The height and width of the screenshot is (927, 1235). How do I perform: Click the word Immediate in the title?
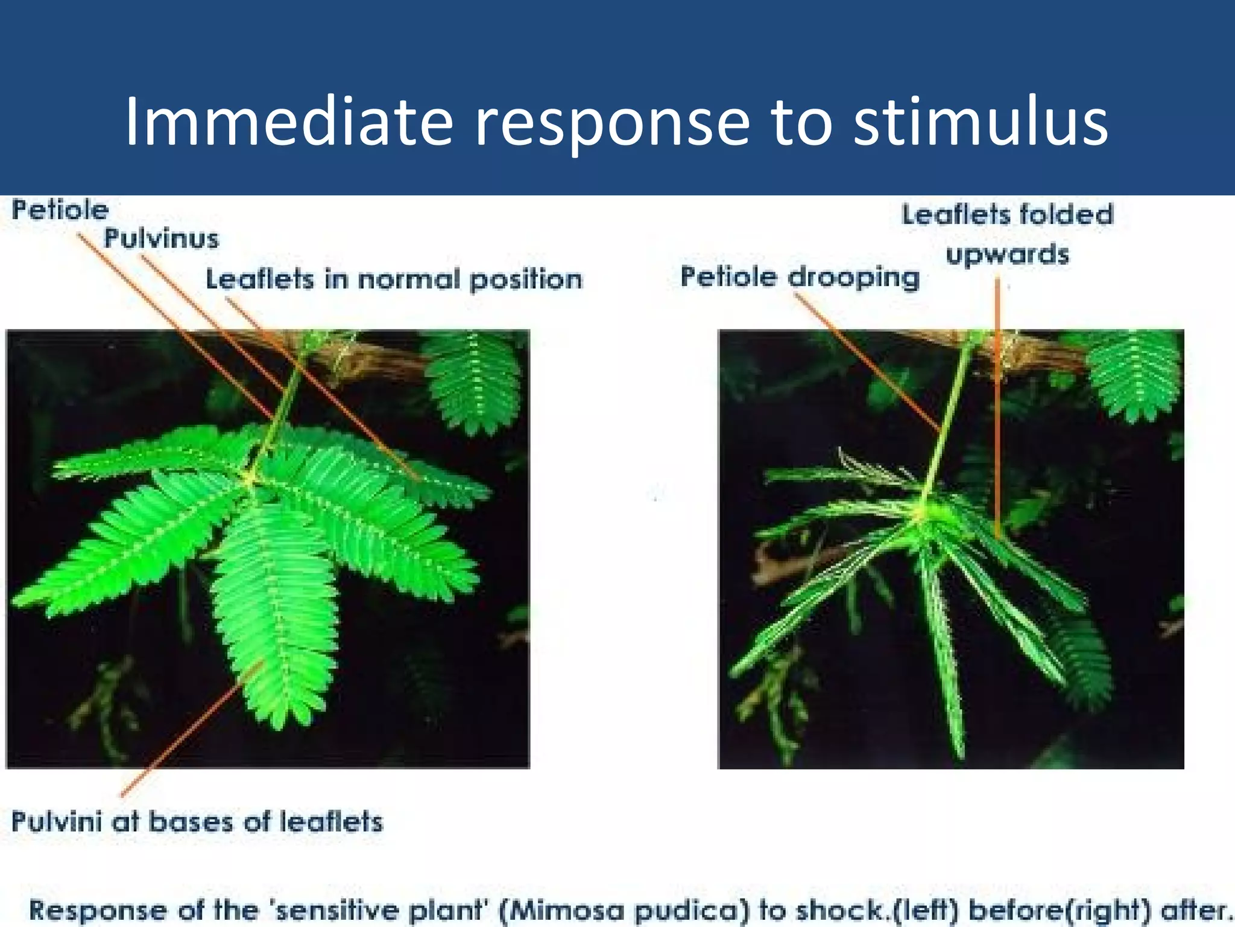pyautogui.click(x=288, y=123)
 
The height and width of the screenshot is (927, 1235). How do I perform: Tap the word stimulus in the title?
pyautogui.click(x=981, y=123)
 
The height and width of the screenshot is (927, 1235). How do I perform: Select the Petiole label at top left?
pyautogui.click(x=60, y=211)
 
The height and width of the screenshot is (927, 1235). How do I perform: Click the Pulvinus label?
pyautogui.click(x=161, y=238)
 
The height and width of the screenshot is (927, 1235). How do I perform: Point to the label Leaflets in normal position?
pyautogui.click(x=394, y=280)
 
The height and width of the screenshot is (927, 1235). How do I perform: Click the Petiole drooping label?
pyautogui.click(x=800, y=278)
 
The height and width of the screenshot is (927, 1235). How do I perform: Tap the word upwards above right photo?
pyautogui.click(x=1007, y=255)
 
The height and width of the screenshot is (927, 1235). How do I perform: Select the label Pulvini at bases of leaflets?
pyautogui.click(x=197, y=822)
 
